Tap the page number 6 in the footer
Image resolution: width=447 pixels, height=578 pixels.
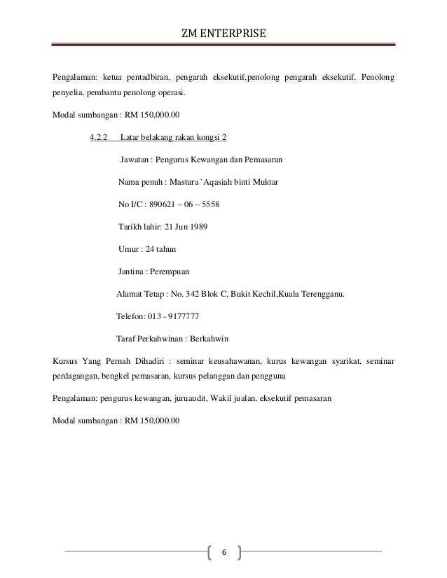click(224, 552)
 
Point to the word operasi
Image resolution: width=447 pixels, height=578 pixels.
click(172, 93)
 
